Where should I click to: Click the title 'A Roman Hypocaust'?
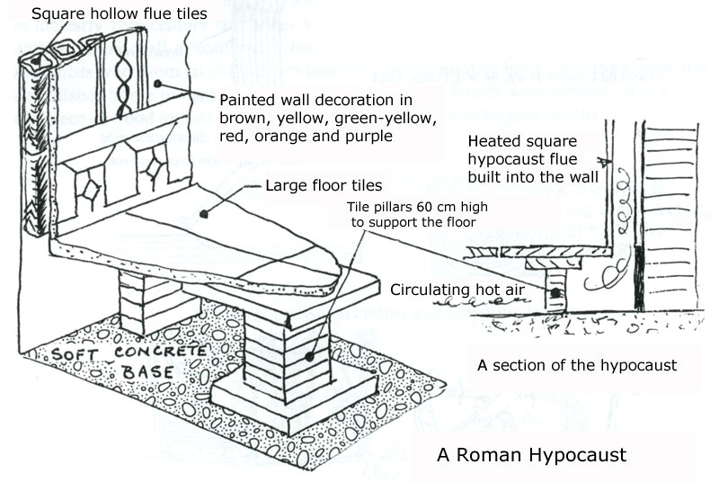tap(531, 454)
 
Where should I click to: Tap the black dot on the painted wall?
tap(156, 85)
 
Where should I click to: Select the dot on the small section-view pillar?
tap(555, 292)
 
